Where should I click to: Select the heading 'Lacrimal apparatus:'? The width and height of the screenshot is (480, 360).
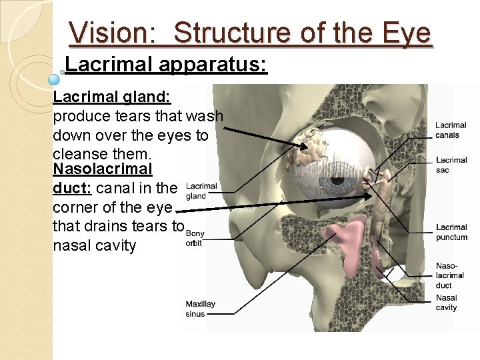pyautogui.click(x=167, y=65)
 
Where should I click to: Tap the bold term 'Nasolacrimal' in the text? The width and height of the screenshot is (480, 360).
pyautogui.click(x=103, y=169)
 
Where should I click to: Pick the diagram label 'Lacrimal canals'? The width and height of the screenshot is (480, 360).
pyautogui.click(x=451, y=131)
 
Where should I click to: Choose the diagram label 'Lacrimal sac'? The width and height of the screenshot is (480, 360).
pyautogui.click(x=451, y=165)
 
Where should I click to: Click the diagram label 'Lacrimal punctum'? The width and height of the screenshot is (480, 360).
pyautogui.click(x=451, y=232)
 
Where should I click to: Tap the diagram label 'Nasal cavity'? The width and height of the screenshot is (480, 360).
pyautogui.click(x=446, y=303)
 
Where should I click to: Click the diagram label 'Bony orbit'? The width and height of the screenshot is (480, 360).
pyautogui.click(x=195, y=238)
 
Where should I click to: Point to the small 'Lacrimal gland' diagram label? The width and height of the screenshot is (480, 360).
pyautogui.click(x=201, y=191)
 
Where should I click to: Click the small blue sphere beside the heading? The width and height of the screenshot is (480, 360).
pyautogui.click(x=55, y=78)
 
